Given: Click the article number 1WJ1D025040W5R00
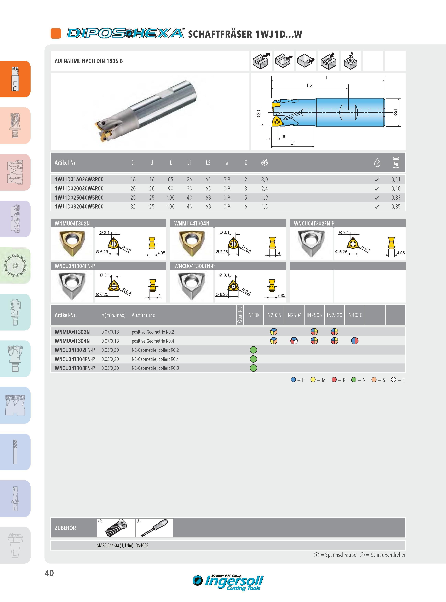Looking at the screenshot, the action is click(79, 198).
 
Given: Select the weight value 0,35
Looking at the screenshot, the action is click(396, 207).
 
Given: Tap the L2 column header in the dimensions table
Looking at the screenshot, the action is click(208, 163).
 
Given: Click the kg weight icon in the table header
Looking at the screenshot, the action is click(396, 163).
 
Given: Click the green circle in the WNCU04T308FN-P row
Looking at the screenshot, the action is click(253, 368).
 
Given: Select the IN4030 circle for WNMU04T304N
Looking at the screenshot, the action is click(355, 341).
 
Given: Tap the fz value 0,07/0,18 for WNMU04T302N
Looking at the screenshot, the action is click(110, 332).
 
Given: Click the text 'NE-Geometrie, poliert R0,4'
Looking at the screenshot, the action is click(155, 359).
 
